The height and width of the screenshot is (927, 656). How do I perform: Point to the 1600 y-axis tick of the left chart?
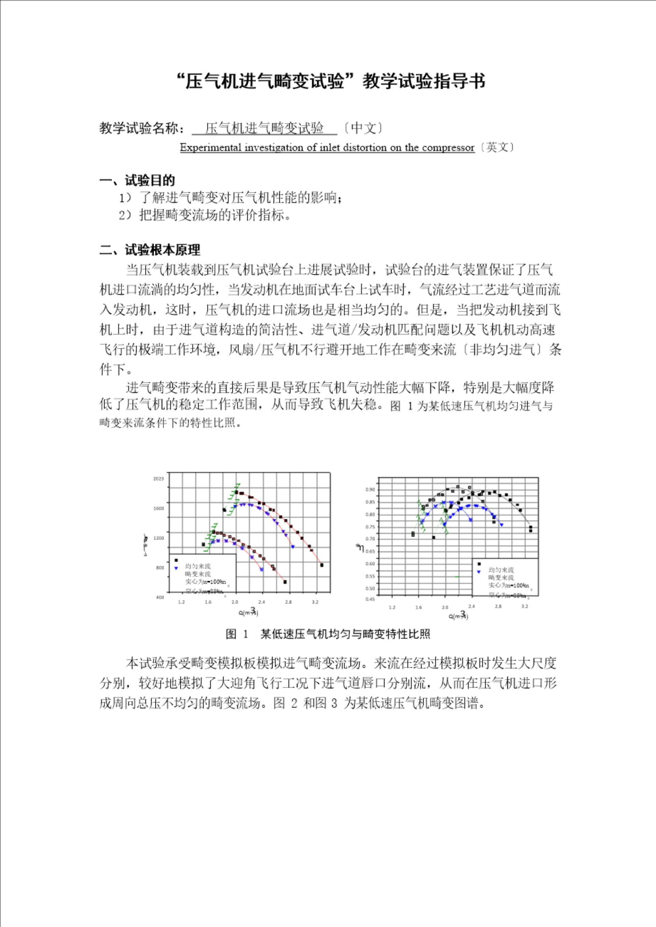pyautogui.click(x=159, y=508)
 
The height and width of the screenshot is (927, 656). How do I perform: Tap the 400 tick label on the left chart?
pyautogui.click(x=160, y=597)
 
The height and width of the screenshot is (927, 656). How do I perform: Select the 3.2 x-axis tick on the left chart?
pyautogui.click(x=315, y=602)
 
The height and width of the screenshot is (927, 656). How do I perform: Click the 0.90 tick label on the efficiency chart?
pyautogui.click(x=370, y=490)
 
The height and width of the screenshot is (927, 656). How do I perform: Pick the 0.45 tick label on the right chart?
pyautogui.click(x=370, y=599)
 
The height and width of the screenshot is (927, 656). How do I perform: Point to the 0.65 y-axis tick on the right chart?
pyautogui.click(x=370, y=551)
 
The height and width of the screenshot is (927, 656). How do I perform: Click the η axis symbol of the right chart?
pyautogui.click(x=360, y=549)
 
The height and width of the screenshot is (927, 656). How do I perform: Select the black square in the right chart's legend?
pyautogui.click(x=479, y=564)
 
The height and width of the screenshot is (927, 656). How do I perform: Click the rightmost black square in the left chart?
pyautogui.click(x=322, y=565)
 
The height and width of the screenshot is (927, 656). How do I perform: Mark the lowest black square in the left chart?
pyautogui.click(x=285, y=582)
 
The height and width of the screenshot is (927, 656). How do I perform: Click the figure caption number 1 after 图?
pyautogui.click(x=245, y=634)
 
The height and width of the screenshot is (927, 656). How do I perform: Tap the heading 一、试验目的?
pyautogui.click(x=137, y=180)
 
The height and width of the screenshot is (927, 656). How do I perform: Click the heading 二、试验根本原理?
pyautogui.click(x=150, y=250)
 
